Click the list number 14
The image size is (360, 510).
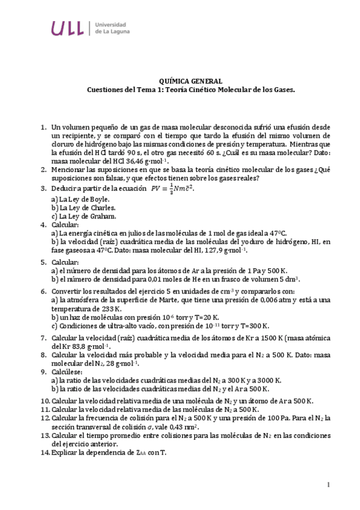[x=45, y=452]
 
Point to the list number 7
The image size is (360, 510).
[x=43, y=338]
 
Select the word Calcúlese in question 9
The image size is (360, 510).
[x=68, y=372]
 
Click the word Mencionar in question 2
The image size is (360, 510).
[x=70, y=170]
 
